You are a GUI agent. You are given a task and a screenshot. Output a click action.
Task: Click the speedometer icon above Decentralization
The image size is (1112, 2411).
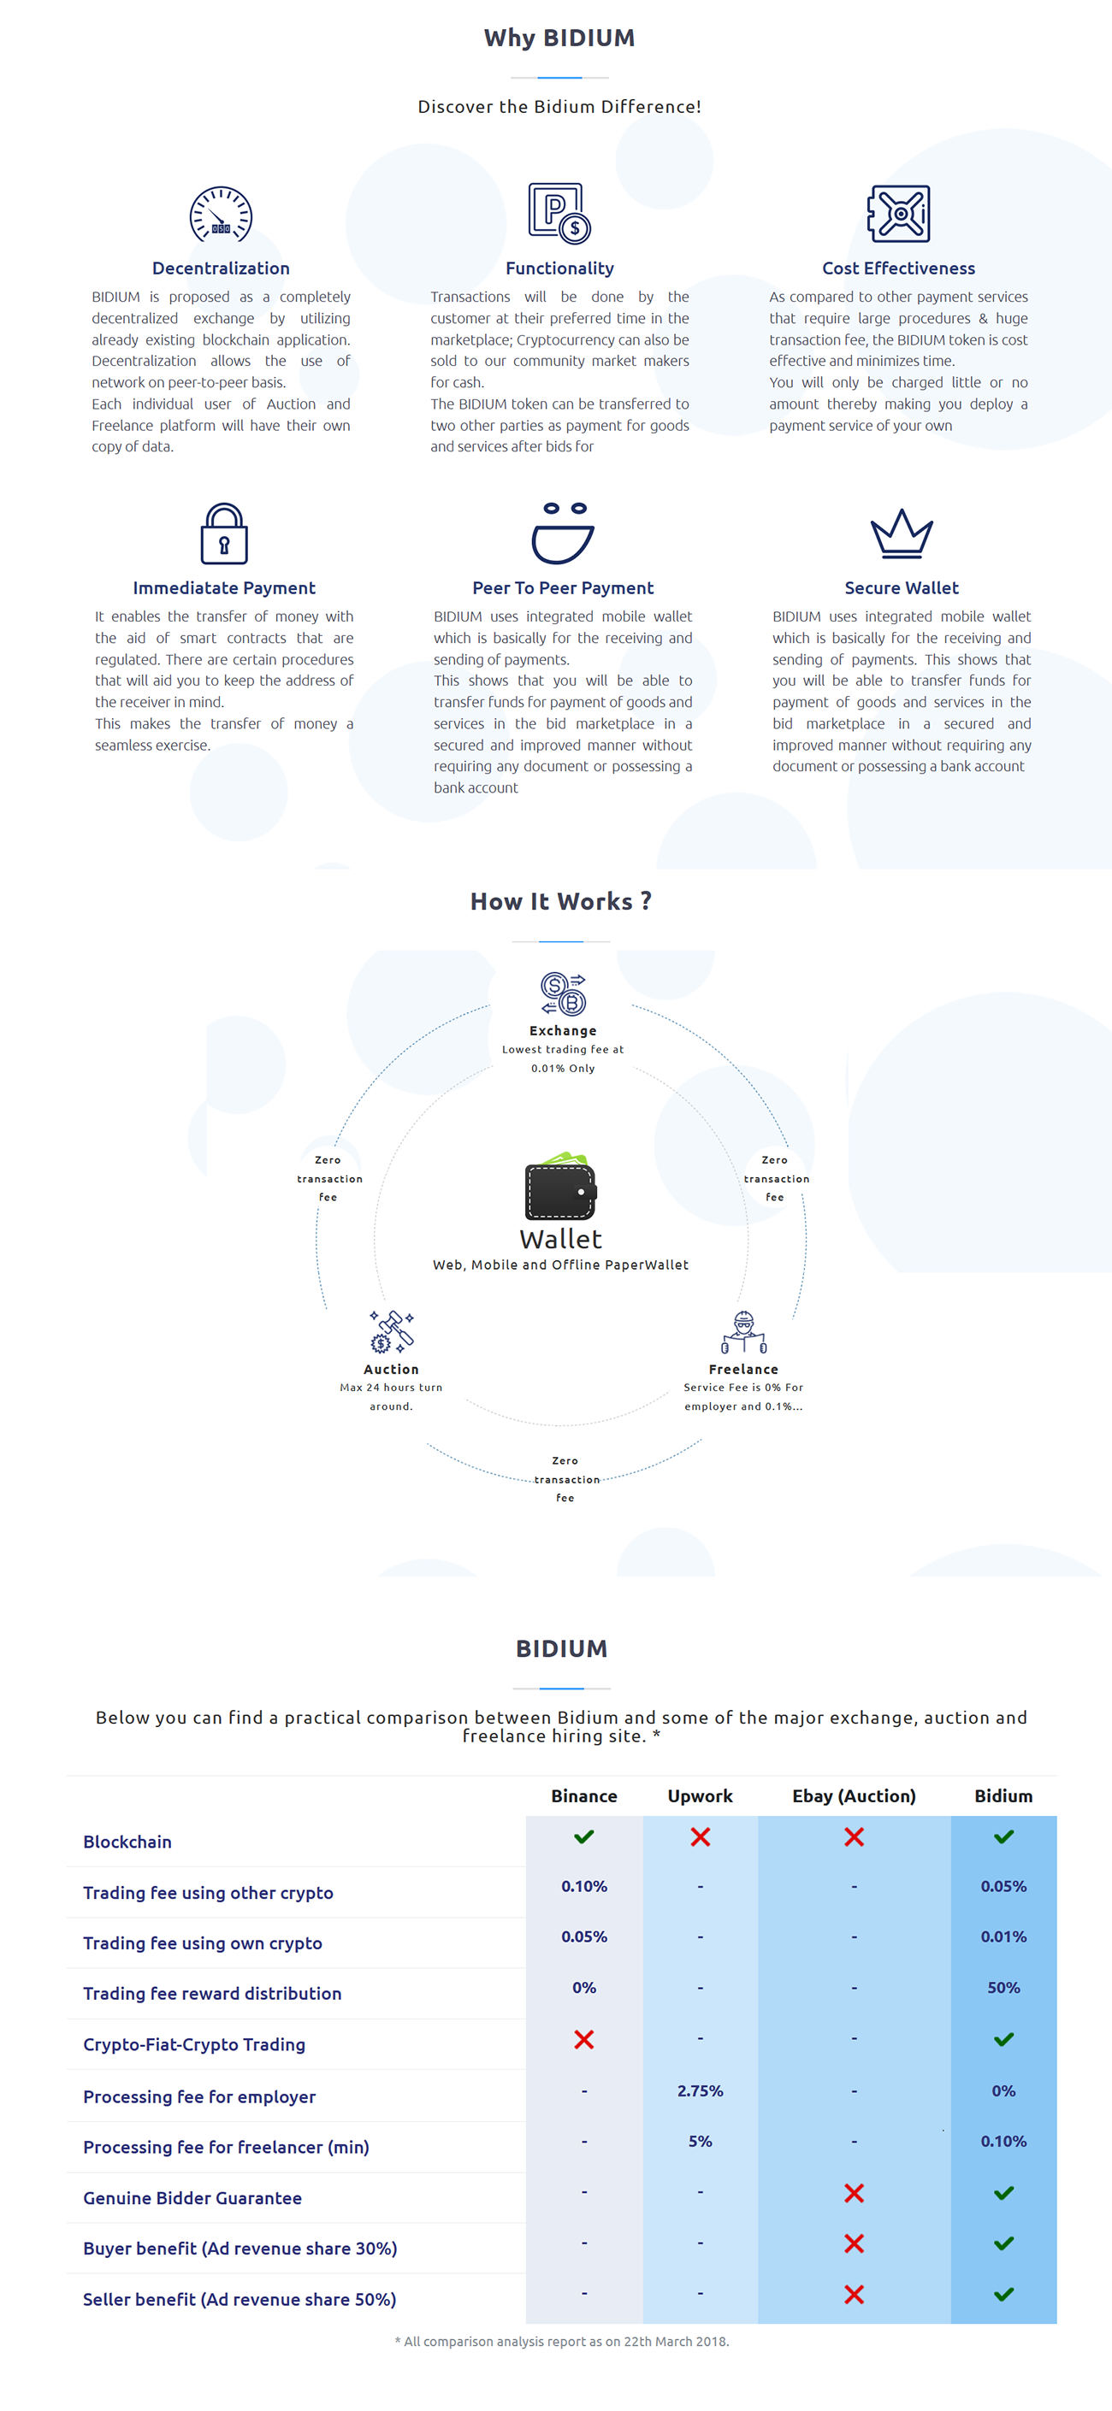(221, 215)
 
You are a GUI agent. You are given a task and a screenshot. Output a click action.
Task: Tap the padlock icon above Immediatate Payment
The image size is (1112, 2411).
(225, 533)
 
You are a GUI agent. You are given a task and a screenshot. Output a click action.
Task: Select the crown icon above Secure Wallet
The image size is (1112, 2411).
(902, 533)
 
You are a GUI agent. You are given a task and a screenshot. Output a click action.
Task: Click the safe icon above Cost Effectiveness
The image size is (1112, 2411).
(899, 214)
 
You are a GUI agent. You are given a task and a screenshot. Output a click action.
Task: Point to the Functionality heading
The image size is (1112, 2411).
(559, 268)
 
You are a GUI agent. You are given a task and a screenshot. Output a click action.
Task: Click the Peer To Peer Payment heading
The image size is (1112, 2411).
(563, 587)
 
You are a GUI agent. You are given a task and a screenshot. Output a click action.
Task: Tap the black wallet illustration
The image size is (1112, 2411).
(560, 1186)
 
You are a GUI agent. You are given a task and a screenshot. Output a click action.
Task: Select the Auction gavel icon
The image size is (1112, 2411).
(391, 1332)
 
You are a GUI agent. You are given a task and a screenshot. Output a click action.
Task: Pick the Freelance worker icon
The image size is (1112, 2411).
(744, 1332)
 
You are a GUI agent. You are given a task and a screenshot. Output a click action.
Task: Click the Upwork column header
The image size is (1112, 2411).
(701, 1796)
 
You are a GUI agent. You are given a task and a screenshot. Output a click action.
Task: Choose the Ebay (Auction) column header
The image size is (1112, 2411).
(854, 1796)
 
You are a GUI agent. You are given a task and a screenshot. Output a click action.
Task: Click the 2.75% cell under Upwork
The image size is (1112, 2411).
(701, 2090)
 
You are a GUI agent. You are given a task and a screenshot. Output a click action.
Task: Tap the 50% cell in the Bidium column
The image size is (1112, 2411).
(1003, 1987)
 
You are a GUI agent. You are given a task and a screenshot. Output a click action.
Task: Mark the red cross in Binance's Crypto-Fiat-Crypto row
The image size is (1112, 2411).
(584, 2038)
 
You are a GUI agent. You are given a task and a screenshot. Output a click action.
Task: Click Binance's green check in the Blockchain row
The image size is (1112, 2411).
(584, 1836)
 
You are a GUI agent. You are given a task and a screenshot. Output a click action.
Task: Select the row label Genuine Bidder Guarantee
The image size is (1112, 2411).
(192, 2197)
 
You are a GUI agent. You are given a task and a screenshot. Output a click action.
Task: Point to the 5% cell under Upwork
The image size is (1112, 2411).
(701, 2141)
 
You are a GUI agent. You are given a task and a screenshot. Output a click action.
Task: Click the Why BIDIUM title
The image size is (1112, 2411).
(559, 38)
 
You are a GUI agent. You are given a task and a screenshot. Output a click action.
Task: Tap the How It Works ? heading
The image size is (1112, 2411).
(560, 901)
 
